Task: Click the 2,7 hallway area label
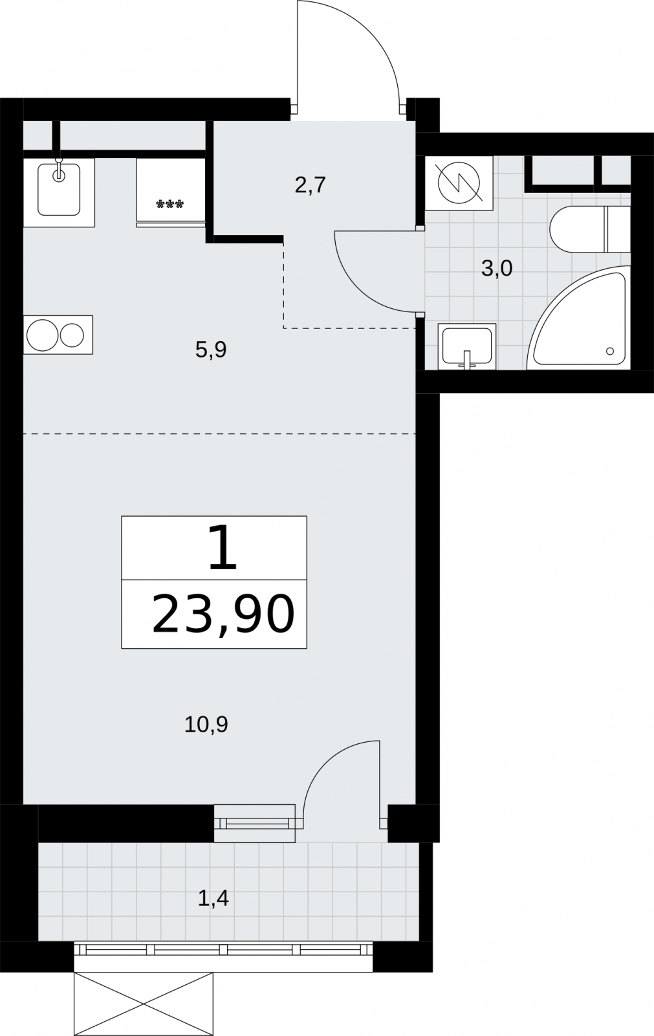click(311, 185)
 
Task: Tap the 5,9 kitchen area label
click(211, 350)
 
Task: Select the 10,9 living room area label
click(206, 725)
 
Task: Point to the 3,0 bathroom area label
click(497, 268)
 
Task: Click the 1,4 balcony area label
click(213, 898)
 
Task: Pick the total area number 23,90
click(223, 614)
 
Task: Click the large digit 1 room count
click(223, 548)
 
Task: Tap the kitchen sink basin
click(59, 190)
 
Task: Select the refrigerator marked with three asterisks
click(171, 192)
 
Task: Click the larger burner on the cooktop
click(42, 335)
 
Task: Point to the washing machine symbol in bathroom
click(459, 183)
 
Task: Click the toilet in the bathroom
click(590, 229)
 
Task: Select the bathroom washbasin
click(467, 346)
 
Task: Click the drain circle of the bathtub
click(610, 352)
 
